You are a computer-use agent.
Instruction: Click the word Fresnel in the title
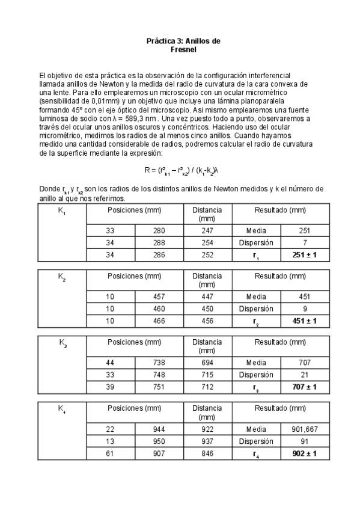click(184, 51)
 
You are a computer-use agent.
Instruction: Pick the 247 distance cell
click(206, 231)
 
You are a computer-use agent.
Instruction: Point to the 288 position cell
click(159, 244)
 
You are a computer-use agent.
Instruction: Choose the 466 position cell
click(159, 321)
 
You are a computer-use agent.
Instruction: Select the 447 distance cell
click(206, 296)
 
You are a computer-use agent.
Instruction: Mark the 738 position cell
click(159, 362)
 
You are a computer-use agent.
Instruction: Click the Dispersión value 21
click(304, 374)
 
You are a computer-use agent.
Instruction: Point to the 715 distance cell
click(206, 375)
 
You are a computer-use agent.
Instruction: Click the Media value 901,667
click(304, 428)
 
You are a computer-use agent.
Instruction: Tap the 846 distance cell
click(206, 453)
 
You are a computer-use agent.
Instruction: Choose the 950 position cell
click(159, 440)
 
